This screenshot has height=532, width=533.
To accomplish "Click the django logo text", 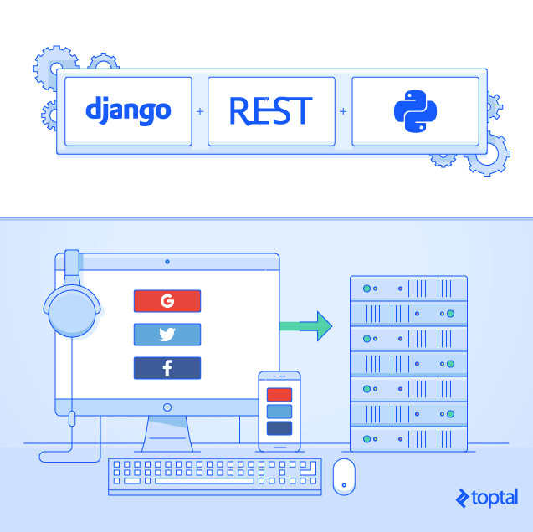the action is coord(128,110).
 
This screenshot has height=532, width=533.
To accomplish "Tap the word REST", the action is coord(271,110).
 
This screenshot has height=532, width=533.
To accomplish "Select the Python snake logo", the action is coord(415,111).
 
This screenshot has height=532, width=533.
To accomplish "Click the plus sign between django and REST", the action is coord(200,111).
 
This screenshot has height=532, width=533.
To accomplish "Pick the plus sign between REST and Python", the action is coord(343,111).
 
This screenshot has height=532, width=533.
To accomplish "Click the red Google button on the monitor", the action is coord(167,301).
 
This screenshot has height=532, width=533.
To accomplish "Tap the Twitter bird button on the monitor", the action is coord(167,335).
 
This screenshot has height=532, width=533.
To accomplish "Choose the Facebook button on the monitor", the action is coord(167,368).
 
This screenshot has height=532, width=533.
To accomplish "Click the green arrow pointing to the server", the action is coord(306,326).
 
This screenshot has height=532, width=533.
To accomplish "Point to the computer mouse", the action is coord(344,477).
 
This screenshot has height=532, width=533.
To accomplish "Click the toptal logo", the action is coord(487,498).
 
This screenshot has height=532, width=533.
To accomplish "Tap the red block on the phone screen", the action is coord(279,395).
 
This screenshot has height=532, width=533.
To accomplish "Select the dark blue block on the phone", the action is coord(279,428).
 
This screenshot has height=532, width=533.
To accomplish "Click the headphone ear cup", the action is coord(72,312).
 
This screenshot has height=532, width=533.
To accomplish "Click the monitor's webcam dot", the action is coord(167,262).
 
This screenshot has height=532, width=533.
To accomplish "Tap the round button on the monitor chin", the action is coord(167,407).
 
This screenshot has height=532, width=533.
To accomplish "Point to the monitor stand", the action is coord(167,434).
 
